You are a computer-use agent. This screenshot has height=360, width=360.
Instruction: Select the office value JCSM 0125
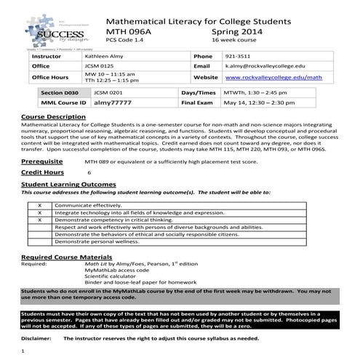[x=100, y=66]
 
